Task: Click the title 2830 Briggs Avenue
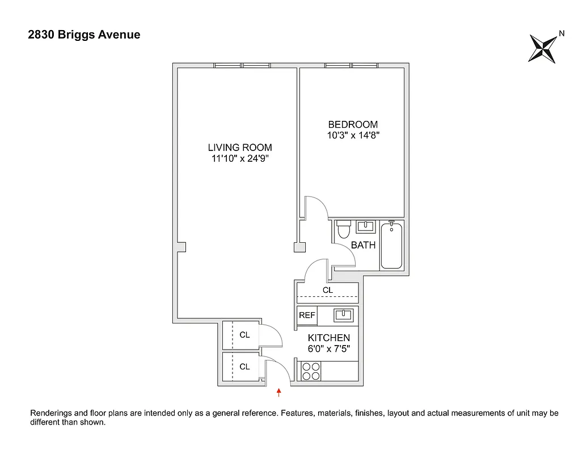pos(84,35)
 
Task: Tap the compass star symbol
pos(542,49)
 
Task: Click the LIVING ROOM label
pos(240,148)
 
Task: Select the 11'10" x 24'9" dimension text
pos(240,159)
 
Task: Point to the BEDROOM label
pos(353,124)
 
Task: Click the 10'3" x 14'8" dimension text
pos(353,136)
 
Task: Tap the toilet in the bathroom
pos(343,230)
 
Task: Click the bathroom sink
pos(365,227)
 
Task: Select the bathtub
pos(391,245)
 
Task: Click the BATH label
pos(364,246)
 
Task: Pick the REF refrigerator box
pos(307,315)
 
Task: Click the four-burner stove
pos(310,371)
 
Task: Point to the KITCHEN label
pos(329,338)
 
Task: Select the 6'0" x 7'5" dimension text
pos(329,349)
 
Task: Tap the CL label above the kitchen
pos(328,290)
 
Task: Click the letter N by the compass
pos(561,33)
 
